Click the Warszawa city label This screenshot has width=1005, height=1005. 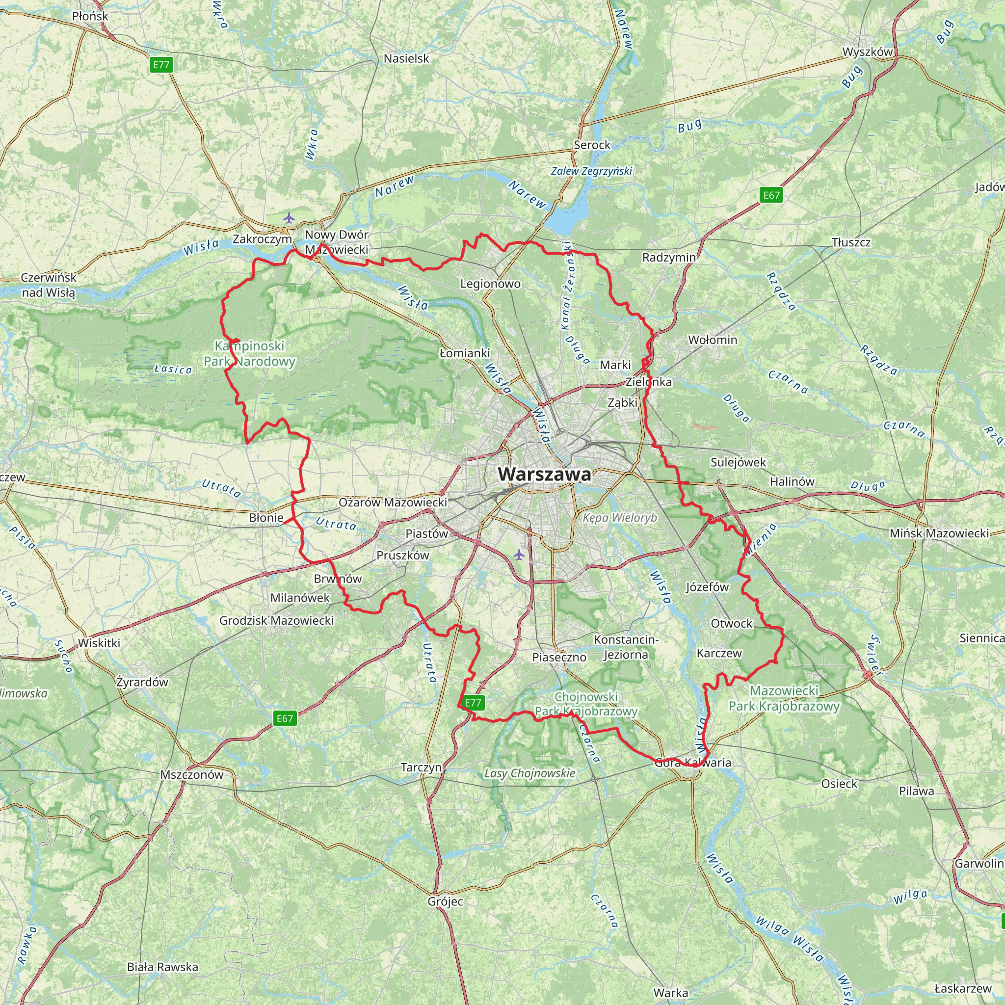coord(544,475)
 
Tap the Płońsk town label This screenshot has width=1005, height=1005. coord(90,16)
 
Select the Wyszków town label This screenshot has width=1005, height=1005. coord(867,52)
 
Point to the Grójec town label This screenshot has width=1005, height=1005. coord(445,901)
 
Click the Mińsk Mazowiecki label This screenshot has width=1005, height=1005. coord(939,533)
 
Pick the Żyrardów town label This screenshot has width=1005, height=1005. coord(142,682)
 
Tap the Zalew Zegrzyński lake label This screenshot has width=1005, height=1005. coord(591,171)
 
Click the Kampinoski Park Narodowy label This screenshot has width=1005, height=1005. coord(250,354)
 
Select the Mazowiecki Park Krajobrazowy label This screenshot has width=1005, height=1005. coord(784,699)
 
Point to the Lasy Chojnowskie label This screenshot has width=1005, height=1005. coord(529,773)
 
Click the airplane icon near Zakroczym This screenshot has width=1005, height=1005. coord(289,217)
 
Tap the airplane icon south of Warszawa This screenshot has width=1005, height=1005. coord(519,555)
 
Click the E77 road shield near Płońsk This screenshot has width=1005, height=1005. coord(161,65)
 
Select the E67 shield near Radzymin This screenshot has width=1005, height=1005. coord(771,195)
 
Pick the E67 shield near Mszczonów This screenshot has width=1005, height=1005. coord(285,718)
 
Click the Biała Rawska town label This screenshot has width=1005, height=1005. coord(162,967)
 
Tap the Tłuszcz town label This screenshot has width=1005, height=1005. coord(850,242)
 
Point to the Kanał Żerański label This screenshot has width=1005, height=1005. coord(566,286)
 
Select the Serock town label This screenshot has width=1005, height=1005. coord(592,145)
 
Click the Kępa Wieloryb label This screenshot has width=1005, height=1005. coord(620,518)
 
